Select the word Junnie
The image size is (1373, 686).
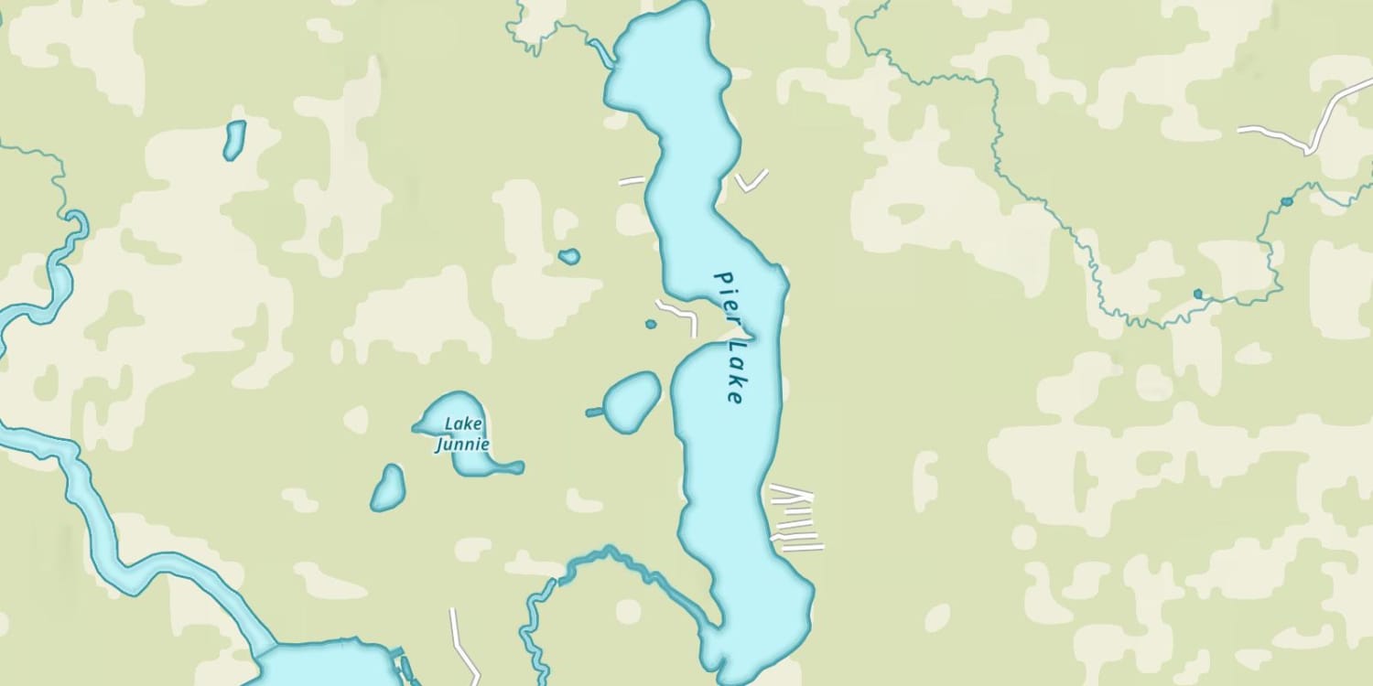462,445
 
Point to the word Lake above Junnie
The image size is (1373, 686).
462,423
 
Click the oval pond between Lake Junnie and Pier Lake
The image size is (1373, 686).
632,402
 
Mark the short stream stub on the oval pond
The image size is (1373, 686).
594,413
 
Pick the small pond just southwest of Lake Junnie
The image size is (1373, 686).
388,488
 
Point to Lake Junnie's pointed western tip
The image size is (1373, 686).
418,426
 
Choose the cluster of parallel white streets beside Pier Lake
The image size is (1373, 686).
794,520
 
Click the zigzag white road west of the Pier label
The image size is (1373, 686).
677,313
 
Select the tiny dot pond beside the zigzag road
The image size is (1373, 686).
651,324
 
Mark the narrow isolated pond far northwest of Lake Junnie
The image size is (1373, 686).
234,140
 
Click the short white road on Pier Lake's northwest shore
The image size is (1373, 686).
632,180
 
